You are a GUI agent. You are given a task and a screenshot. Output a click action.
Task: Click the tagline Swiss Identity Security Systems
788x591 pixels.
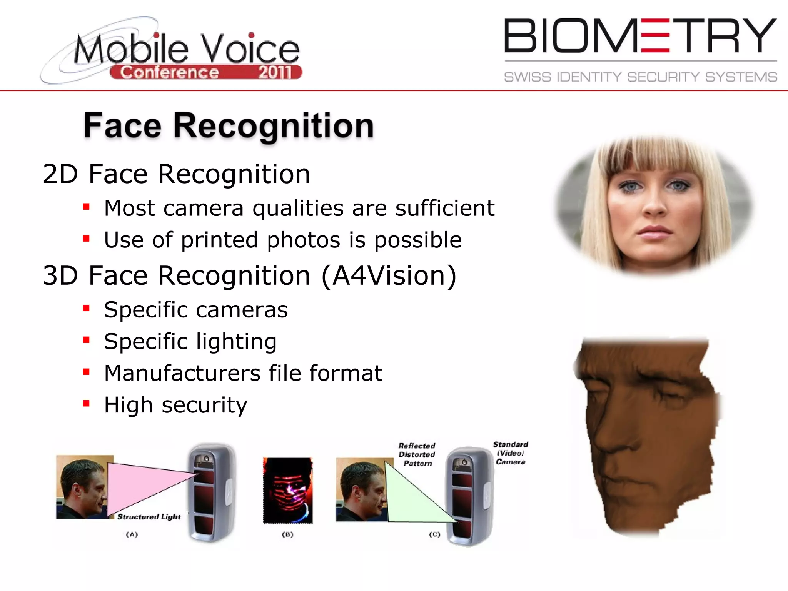click(640, 77)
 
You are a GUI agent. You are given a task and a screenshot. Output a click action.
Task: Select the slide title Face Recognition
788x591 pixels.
click(229, 125)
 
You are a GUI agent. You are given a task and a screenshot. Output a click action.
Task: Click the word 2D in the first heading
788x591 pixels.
click(60, 174)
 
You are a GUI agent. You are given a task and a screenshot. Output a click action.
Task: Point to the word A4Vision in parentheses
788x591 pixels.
click(389, 275)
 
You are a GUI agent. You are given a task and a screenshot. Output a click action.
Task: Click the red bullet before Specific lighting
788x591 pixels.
click(86, 340)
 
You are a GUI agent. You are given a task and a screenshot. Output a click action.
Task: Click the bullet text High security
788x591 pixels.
click(175, 405)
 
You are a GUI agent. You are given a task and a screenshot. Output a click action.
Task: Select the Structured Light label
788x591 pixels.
click(149, 517)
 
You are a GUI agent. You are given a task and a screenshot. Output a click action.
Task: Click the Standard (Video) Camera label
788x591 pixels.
click(511, 453)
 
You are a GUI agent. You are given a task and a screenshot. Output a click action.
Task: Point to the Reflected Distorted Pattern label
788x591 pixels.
click(417, 454)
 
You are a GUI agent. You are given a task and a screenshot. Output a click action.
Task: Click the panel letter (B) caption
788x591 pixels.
click(287, 534)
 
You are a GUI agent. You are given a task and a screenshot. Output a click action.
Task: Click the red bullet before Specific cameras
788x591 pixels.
click(86, 308)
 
